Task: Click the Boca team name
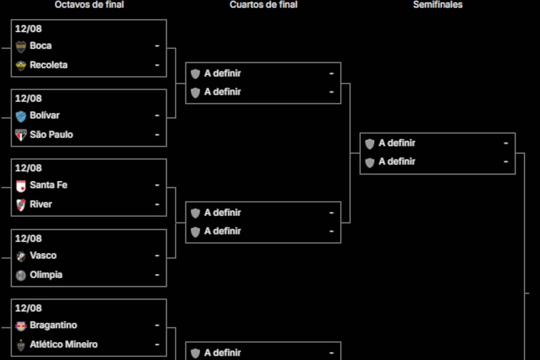(40, 45)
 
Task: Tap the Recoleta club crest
(21, 66)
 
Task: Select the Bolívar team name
(45, 115)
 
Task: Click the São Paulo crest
(21, 135)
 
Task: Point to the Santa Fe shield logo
(21, 186)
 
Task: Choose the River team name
(41, 204)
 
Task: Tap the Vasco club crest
(21, 256)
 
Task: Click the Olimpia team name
(46, 275)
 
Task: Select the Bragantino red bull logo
(21, 326)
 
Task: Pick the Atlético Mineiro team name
(63, 344)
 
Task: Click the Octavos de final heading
(89, 4)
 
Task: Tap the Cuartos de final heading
(264, 4)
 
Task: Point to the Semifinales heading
(438, 4)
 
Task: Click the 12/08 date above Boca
(28, 29)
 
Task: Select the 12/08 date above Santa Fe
(28, 168)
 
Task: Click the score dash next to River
(157, 204)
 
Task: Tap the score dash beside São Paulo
(157, 135)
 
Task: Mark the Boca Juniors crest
(21, 46)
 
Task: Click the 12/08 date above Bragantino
(28, 308)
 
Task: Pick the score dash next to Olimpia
(157, 275)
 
